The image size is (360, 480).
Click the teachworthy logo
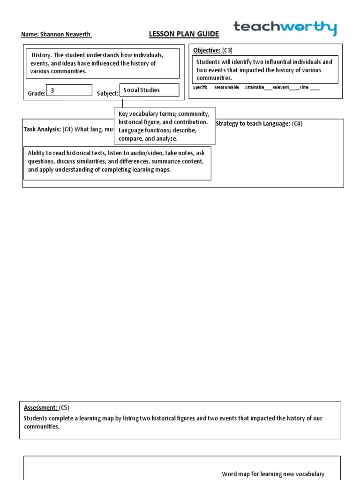[x=285, y=28]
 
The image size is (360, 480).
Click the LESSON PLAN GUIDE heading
[x=184, y=34]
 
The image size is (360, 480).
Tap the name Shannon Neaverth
[x=56, y=35]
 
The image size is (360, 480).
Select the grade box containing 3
[x=69, y=90]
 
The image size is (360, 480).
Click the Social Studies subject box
[x=149, y=90]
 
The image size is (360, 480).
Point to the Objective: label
[x=207, y=50]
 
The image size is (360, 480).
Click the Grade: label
[x=37, y=94]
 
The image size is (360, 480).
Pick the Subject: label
[x=107, y=94]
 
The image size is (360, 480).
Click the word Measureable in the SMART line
[x=226, y=88]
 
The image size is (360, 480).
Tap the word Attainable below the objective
[x=255, y=88]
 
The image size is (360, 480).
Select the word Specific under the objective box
[x=200, y=88]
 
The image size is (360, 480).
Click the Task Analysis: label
[x=42, y=129]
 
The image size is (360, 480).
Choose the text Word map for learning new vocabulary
[x=273, y=474]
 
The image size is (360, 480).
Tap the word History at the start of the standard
[x=41, y=55]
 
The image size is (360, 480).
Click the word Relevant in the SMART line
[x=280, y=88]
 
